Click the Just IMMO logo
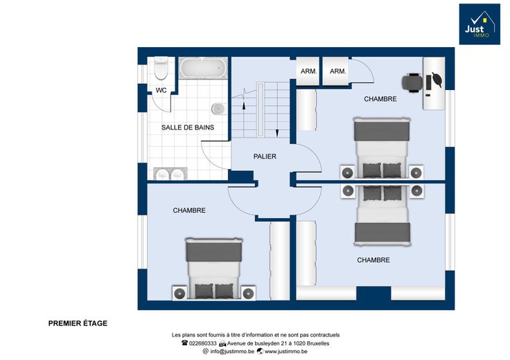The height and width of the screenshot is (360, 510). (480, 24)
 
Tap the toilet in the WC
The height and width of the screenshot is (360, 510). (161, 69)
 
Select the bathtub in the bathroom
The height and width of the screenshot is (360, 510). (203, 68)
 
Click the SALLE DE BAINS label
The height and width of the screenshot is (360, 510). (188, 127)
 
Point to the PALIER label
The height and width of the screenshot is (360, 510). (265, 156)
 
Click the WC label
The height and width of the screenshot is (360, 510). (161, 90)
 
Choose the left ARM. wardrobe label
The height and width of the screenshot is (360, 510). (308, 71)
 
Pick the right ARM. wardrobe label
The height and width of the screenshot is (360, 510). (338, 71)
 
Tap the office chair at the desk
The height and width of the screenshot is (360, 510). (412, 83)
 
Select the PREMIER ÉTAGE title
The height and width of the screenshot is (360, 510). (78, 323)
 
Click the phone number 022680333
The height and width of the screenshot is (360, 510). (202, 343)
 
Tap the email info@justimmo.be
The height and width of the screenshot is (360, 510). (232, 351)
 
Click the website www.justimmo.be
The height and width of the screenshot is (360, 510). (286, 351)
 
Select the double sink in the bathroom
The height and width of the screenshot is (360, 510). (170, 174)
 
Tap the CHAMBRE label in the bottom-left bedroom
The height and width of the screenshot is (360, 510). (189, 210)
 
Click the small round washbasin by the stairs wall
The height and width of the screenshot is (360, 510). (219, 108)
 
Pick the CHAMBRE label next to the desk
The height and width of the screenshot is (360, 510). (380, 99)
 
